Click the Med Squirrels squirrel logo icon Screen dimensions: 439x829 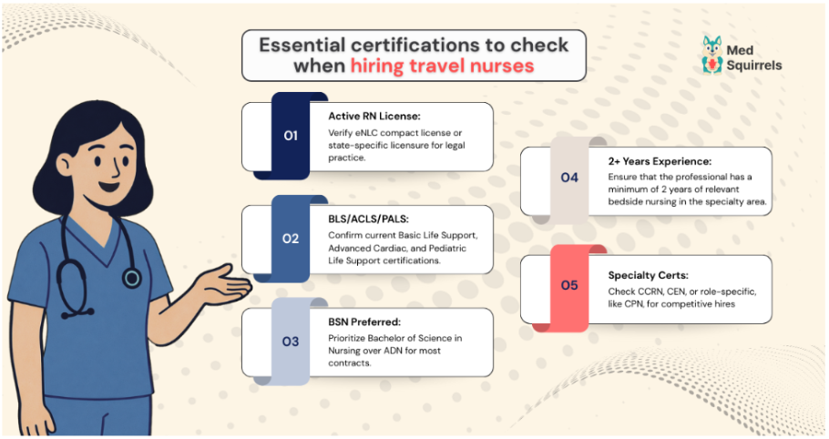712,55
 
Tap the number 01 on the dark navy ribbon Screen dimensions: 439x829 291,136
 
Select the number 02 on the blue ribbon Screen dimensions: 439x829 291,239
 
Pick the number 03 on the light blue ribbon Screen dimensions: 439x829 291,342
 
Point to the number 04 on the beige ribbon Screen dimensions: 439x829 569,177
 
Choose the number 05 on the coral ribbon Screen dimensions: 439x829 569,285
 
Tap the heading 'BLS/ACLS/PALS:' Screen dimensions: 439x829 369,219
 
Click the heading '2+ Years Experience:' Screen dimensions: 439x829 659,160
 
